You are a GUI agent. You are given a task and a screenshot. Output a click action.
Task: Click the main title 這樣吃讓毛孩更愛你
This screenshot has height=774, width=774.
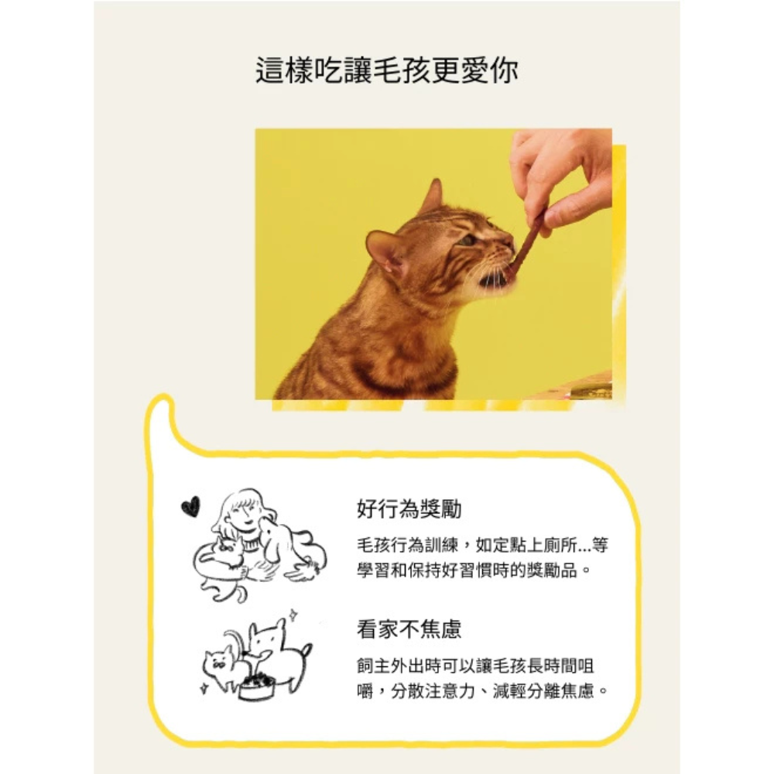tap(386, 70)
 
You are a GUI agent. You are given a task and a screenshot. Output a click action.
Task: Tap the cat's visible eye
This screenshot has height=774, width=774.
tap(467, 241)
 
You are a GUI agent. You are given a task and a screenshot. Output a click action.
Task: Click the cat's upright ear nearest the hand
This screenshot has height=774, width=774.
tap(433, 197)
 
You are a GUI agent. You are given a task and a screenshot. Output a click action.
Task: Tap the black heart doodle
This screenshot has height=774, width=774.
tap(190, 507)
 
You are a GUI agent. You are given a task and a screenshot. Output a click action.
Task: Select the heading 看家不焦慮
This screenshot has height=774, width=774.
tap(409, 628)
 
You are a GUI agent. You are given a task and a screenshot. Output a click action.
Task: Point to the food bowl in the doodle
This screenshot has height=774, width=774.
tap(256, 686)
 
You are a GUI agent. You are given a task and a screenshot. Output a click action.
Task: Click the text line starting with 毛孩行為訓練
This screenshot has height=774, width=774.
tap(483, 546)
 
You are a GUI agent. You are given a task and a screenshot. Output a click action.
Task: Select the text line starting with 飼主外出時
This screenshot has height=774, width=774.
tap(475, 666)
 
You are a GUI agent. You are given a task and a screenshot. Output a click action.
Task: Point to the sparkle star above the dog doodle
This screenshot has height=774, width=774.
tap(293, 615)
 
